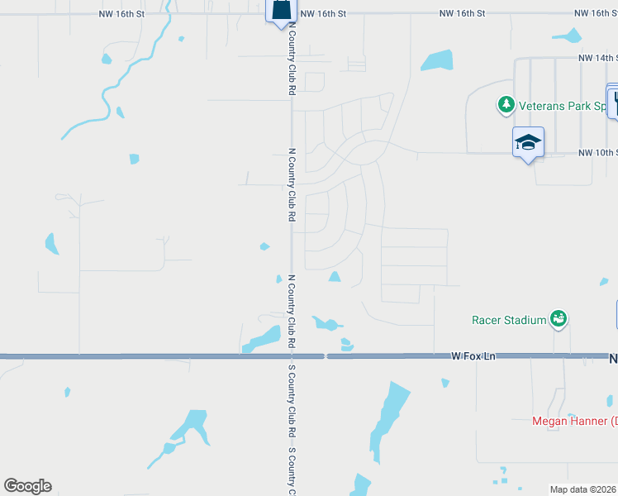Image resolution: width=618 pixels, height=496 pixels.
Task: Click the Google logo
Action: [27, 486]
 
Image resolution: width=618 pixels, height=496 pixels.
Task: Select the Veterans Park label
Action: [566, 105]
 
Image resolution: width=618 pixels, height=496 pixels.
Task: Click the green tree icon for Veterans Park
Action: [506, 105]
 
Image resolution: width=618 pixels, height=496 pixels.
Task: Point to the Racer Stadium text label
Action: [510, 320]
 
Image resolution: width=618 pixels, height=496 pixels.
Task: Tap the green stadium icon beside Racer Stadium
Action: [559, 318]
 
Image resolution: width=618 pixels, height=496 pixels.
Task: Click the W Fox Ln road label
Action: [473, 356]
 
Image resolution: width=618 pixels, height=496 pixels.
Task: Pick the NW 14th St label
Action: [597, 58]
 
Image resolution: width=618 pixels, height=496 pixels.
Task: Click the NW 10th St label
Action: [597, 153]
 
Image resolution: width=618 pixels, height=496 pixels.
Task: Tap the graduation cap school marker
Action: [528, 142]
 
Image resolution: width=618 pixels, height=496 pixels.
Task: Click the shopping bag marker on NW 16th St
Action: [280, 11]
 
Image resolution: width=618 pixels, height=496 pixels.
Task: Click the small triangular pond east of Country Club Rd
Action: [335, 277]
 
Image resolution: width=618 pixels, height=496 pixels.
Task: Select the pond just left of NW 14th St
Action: [437, 60]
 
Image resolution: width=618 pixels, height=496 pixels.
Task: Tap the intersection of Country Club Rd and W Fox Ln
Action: [292, 356]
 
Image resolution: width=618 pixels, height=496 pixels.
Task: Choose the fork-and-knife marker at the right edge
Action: [614, 103]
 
